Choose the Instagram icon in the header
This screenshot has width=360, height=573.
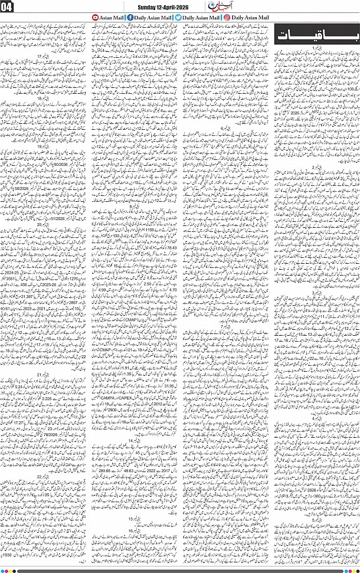click(x=227, y=18)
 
